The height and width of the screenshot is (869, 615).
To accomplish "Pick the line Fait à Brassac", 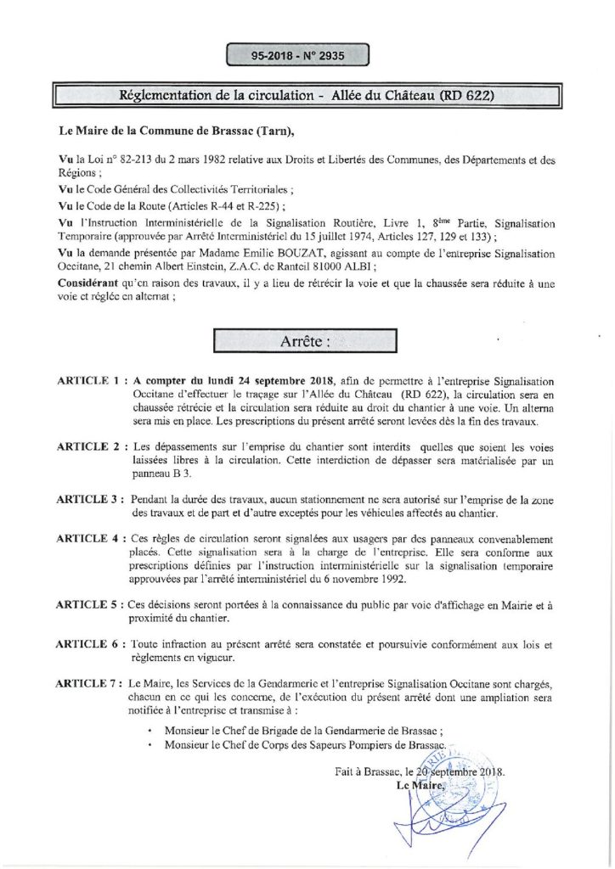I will pos(420,773).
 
